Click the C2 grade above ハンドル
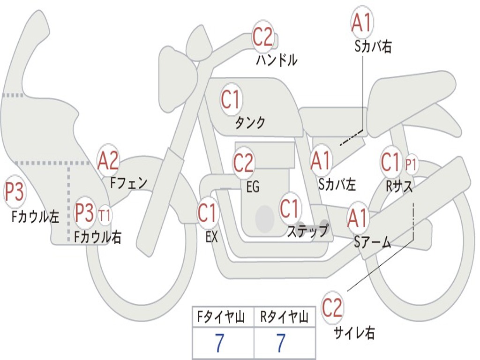263,37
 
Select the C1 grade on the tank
230,99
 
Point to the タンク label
250,123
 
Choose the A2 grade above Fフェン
108,161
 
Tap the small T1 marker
105,216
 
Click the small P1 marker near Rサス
411,165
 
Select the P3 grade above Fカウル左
15,193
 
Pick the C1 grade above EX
207,213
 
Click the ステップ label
307,231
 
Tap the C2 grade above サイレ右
332,308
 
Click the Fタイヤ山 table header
222,318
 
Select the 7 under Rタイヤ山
281,344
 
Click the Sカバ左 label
337,184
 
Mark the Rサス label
399,186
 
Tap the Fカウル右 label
98,237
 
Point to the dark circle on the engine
265,218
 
